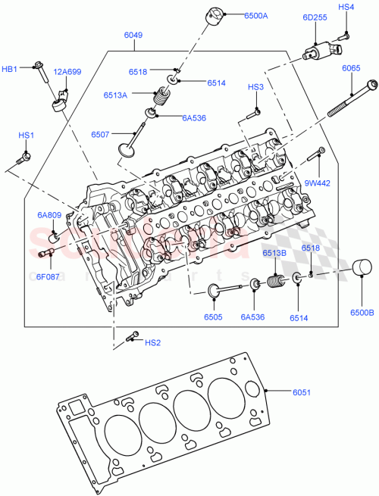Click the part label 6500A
(x=255, y=15)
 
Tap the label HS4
(x=346, y=8)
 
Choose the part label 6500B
(x=361, y=312)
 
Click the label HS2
(x=152, y=342)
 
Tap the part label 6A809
(x=49, y=215)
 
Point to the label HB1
(x=11, y=69)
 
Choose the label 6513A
(x=139, y=95)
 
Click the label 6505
(x=214, y=317)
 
